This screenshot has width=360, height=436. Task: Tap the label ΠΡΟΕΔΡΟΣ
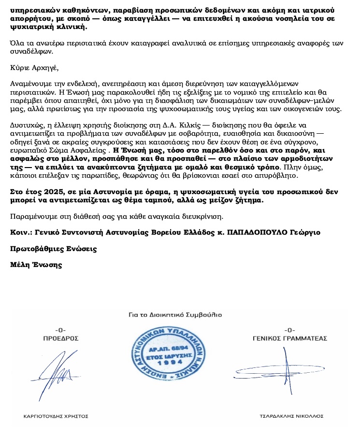point(60,338)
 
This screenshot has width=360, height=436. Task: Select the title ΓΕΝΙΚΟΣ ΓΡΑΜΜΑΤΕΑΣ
point(290,338)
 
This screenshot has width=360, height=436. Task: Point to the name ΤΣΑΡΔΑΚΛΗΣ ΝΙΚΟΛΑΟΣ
point(291,416)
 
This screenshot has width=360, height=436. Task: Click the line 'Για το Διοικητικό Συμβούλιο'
point(175,314)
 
